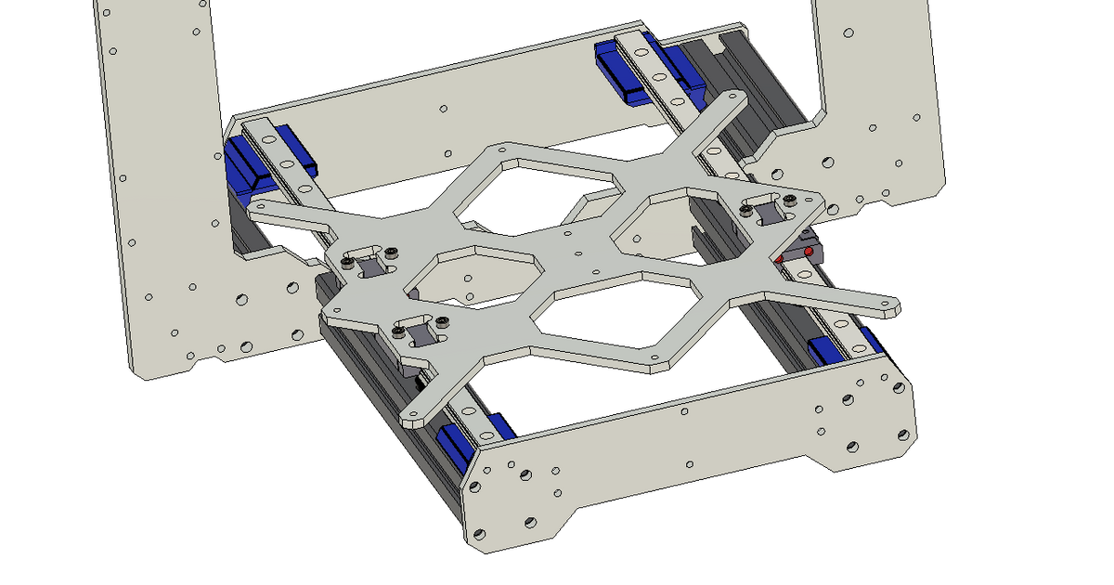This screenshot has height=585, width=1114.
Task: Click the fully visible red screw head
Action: (x=809, y=251)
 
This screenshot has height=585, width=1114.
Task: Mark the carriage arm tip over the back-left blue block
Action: (x=265, y=208)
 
